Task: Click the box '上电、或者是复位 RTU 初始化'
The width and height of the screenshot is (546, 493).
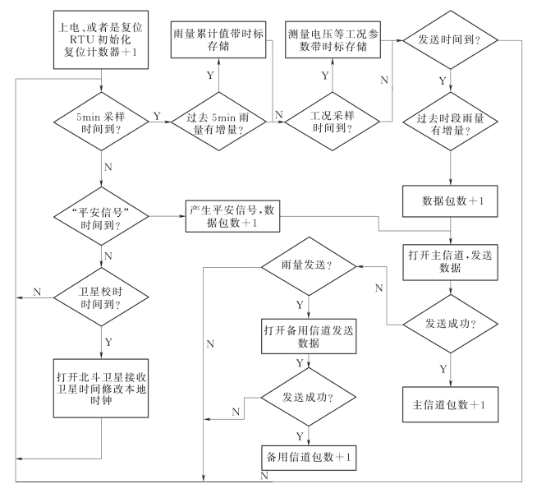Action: click(100, 37)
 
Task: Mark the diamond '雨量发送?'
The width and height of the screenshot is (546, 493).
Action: click(308, 267)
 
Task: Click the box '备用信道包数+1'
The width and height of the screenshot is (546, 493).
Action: click(308, 455)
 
